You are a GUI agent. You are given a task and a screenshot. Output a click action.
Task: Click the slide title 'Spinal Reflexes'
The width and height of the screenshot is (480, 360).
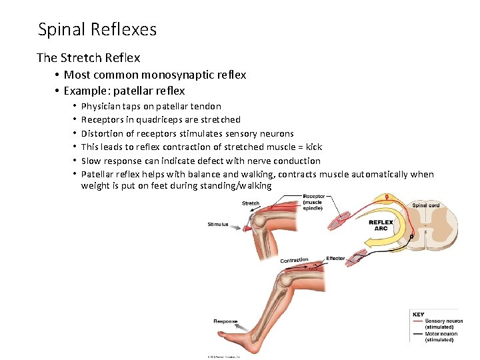pyautogui.click(x=97, y=30)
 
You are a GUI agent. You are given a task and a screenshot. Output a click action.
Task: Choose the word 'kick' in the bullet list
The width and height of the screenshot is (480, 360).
pyautogui.click(x=313, y=147)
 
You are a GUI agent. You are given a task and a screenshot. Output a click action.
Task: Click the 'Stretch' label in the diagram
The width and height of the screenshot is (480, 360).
pyautogui.click(x=251, y=203)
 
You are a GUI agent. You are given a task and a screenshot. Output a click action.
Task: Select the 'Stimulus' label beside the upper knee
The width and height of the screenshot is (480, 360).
pyautogui.click(x=217, y=225)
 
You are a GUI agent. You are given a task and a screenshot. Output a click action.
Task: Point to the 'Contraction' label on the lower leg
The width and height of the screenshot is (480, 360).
pyautogui.click(x=294, y=260)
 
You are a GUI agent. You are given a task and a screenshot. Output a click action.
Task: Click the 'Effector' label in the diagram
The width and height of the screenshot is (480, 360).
pyautogui.click(x=335, y=258)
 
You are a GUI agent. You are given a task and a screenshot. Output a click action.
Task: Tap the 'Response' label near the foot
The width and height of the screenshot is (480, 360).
pyautogui.click(x=225, y=321)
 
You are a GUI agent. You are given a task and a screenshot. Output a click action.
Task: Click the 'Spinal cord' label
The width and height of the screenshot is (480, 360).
pyautogui.click(x=425, y=205)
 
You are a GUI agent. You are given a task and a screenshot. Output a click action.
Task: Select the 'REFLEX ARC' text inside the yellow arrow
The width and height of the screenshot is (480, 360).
pyautogui.click(x=381, y=225)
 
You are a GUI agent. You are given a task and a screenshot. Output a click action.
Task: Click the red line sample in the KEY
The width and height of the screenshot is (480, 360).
pyautogui.click(x=418, y=321)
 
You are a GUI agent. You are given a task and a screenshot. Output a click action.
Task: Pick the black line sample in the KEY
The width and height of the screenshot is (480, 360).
pyautogui.click(x=418, y=334)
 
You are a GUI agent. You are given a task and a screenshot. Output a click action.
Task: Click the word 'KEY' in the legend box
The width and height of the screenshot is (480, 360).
pyautogui.click(x=419, y=314)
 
